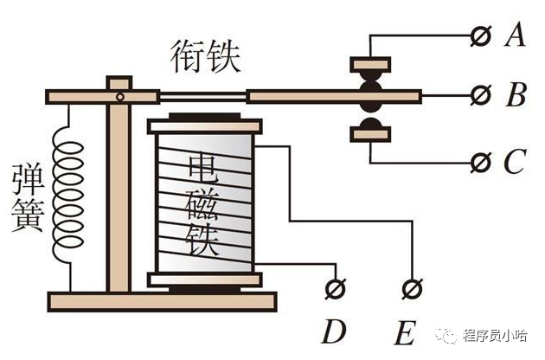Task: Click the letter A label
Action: (x=516, y=35)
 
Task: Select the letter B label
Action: (x=516, y=95)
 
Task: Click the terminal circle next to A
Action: (x=478, y=35)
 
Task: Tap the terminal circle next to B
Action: (x=478, y=95)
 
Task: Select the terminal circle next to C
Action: (x=478, y=162)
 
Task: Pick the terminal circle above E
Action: (x=412, y=286)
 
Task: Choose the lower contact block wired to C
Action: (x=370, y=132)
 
